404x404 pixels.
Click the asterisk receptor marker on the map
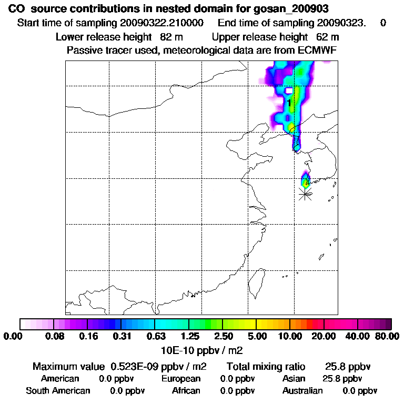(305, 194)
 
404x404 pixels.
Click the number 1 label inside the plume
(289, 103)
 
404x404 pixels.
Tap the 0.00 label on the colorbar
(14, 336)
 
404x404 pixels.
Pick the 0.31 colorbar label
(122, 336)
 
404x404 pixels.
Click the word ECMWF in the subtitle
(315, 50)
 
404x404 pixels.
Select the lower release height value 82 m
(167, 37)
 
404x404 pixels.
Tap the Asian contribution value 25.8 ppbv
(342, 379)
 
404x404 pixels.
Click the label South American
(58, 391)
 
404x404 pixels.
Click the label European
(181, 379)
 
